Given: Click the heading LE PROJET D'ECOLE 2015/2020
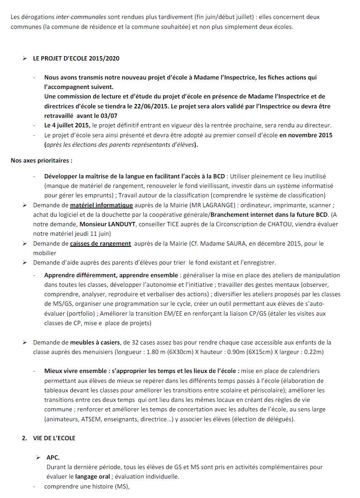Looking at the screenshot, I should (76, 59).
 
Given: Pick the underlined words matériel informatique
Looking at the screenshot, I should (102, 205).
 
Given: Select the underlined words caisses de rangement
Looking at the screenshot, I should (100, 243).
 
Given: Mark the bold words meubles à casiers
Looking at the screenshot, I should (96, 342).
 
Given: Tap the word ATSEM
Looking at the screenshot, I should (93, 419).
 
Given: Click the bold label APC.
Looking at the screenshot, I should (53, 458).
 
